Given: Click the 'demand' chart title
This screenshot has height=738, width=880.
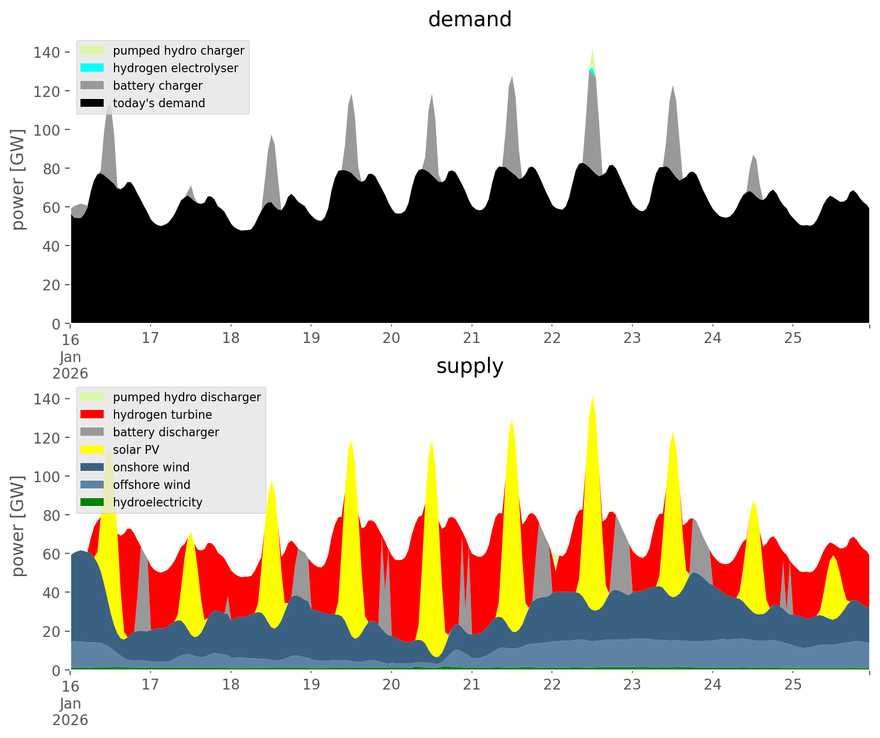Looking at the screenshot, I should [469, 20].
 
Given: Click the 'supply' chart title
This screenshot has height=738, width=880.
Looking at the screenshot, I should [469, 366].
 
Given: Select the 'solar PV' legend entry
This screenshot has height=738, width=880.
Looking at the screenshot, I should [136, 450].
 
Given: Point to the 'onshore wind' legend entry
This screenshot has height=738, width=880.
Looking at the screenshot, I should [151, 467].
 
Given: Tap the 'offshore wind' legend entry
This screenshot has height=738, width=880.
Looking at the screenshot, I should [152, 485].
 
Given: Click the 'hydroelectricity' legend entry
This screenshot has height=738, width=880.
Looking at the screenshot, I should [157, 502].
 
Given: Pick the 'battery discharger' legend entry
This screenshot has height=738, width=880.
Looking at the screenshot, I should [166, 432].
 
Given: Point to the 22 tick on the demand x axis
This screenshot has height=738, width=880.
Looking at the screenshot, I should [552, 338].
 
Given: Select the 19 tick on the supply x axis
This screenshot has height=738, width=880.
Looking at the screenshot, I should [311, 685].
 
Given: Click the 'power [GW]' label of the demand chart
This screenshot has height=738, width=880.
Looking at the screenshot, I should [18, 179].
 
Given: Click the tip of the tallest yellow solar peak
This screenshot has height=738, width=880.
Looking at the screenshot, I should [592, 396].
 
